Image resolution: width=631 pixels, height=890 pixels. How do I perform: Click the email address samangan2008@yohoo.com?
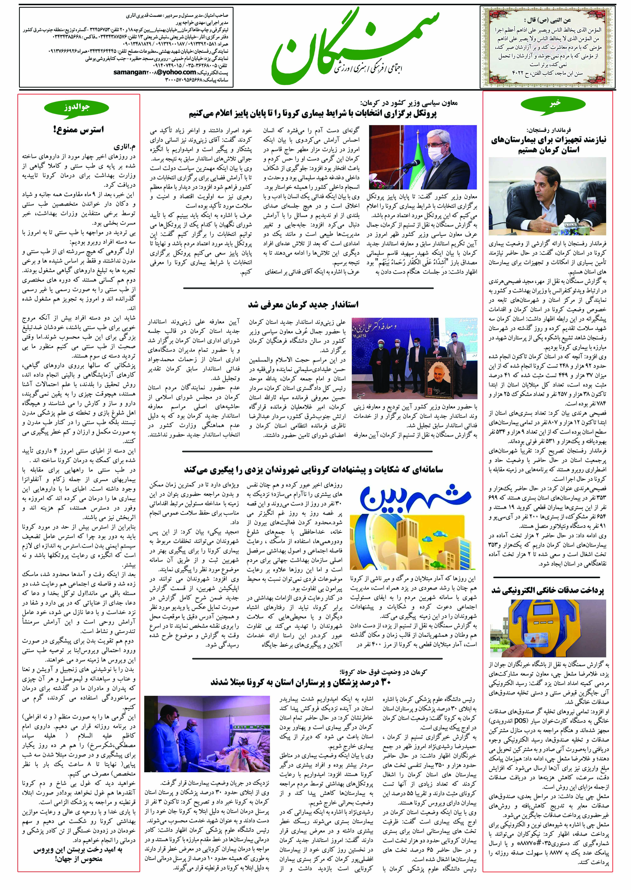[155, 72]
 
